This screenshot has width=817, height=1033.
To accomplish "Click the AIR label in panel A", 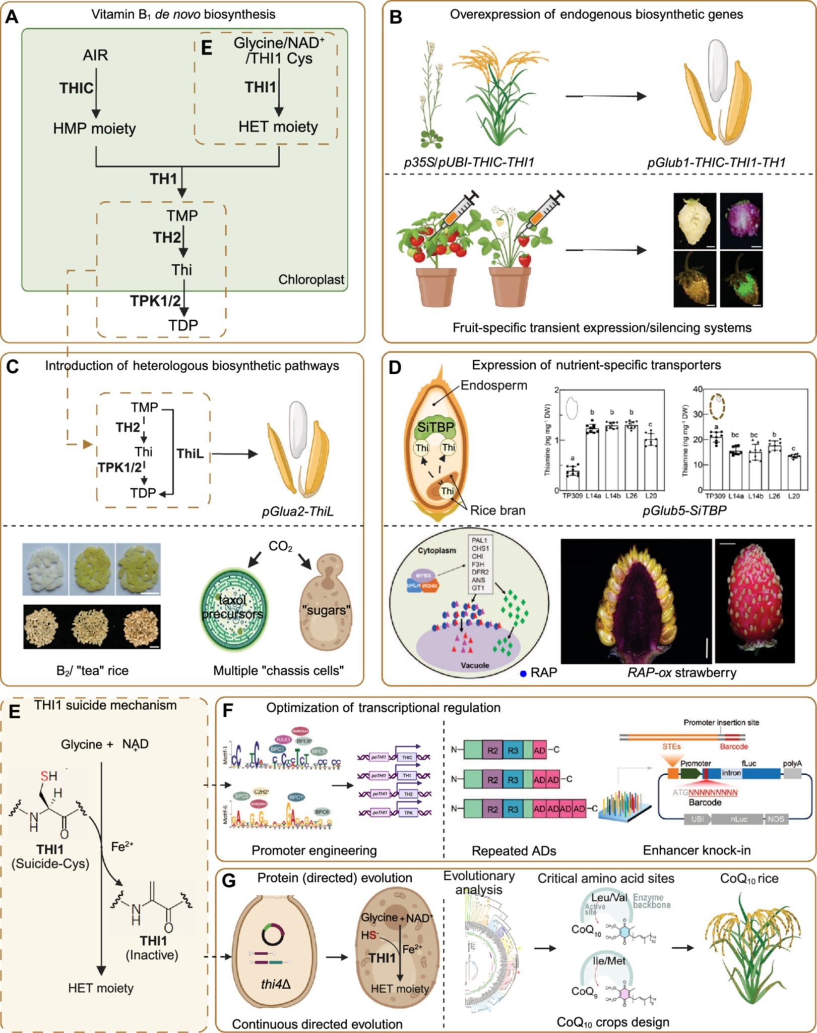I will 95,55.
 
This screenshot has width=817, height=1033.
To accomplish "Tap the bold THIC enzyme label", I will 76,88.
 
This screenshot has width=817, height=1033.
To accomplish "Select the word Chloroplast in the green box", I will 311,279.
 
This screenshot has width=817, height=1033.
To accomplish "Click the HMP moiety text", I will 94,129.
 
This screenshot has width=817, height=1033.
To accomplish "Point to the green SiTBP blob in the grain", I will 436,429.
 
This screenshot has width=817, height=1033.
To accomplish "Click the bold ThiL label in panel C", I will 190,453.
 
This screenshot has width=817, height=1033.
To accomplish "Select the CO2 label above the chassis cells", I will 280,547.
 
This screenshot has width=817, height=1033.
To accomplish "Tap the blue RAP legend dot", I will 523,673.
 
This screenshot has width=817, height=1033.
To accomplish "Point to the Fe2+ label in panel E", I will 122,846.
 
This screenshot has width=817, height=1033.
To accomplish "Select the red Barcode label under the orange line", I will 733,746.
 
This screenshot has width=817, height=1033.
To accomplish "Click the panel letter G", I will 229,881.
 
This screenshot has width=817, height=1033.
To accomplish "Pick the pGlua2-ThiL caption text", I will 297,511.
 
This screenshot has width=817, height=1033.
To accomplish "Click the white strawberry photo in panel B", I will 695,220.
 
